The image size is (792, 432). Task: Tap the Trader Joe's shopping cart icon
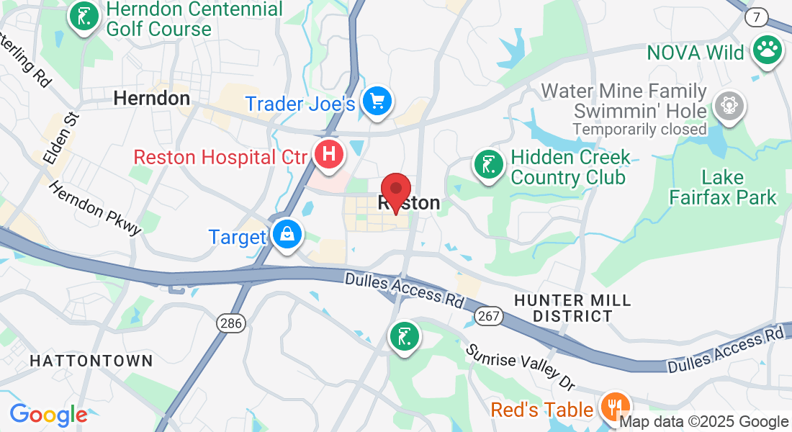click(x=376, y=100)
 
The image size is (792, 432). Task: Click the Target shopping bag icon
click(x=287, y=235)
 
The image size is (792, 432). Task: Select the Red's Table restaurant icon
click(x=614, y=407)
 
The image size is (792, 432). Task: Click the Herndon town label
click(x=152, y=98)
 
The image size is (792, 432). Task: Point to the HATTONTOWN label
click(x=91, y=361)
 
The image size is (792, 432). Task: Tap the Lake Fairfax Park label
click(x=723, y=186)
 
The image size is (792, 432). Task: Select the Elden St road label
click(x=61, y=137)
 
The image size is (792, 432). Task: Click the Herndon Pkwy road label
click(x=95, y=207)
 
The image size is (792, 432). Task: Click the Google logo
click(x=48, y=415)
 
